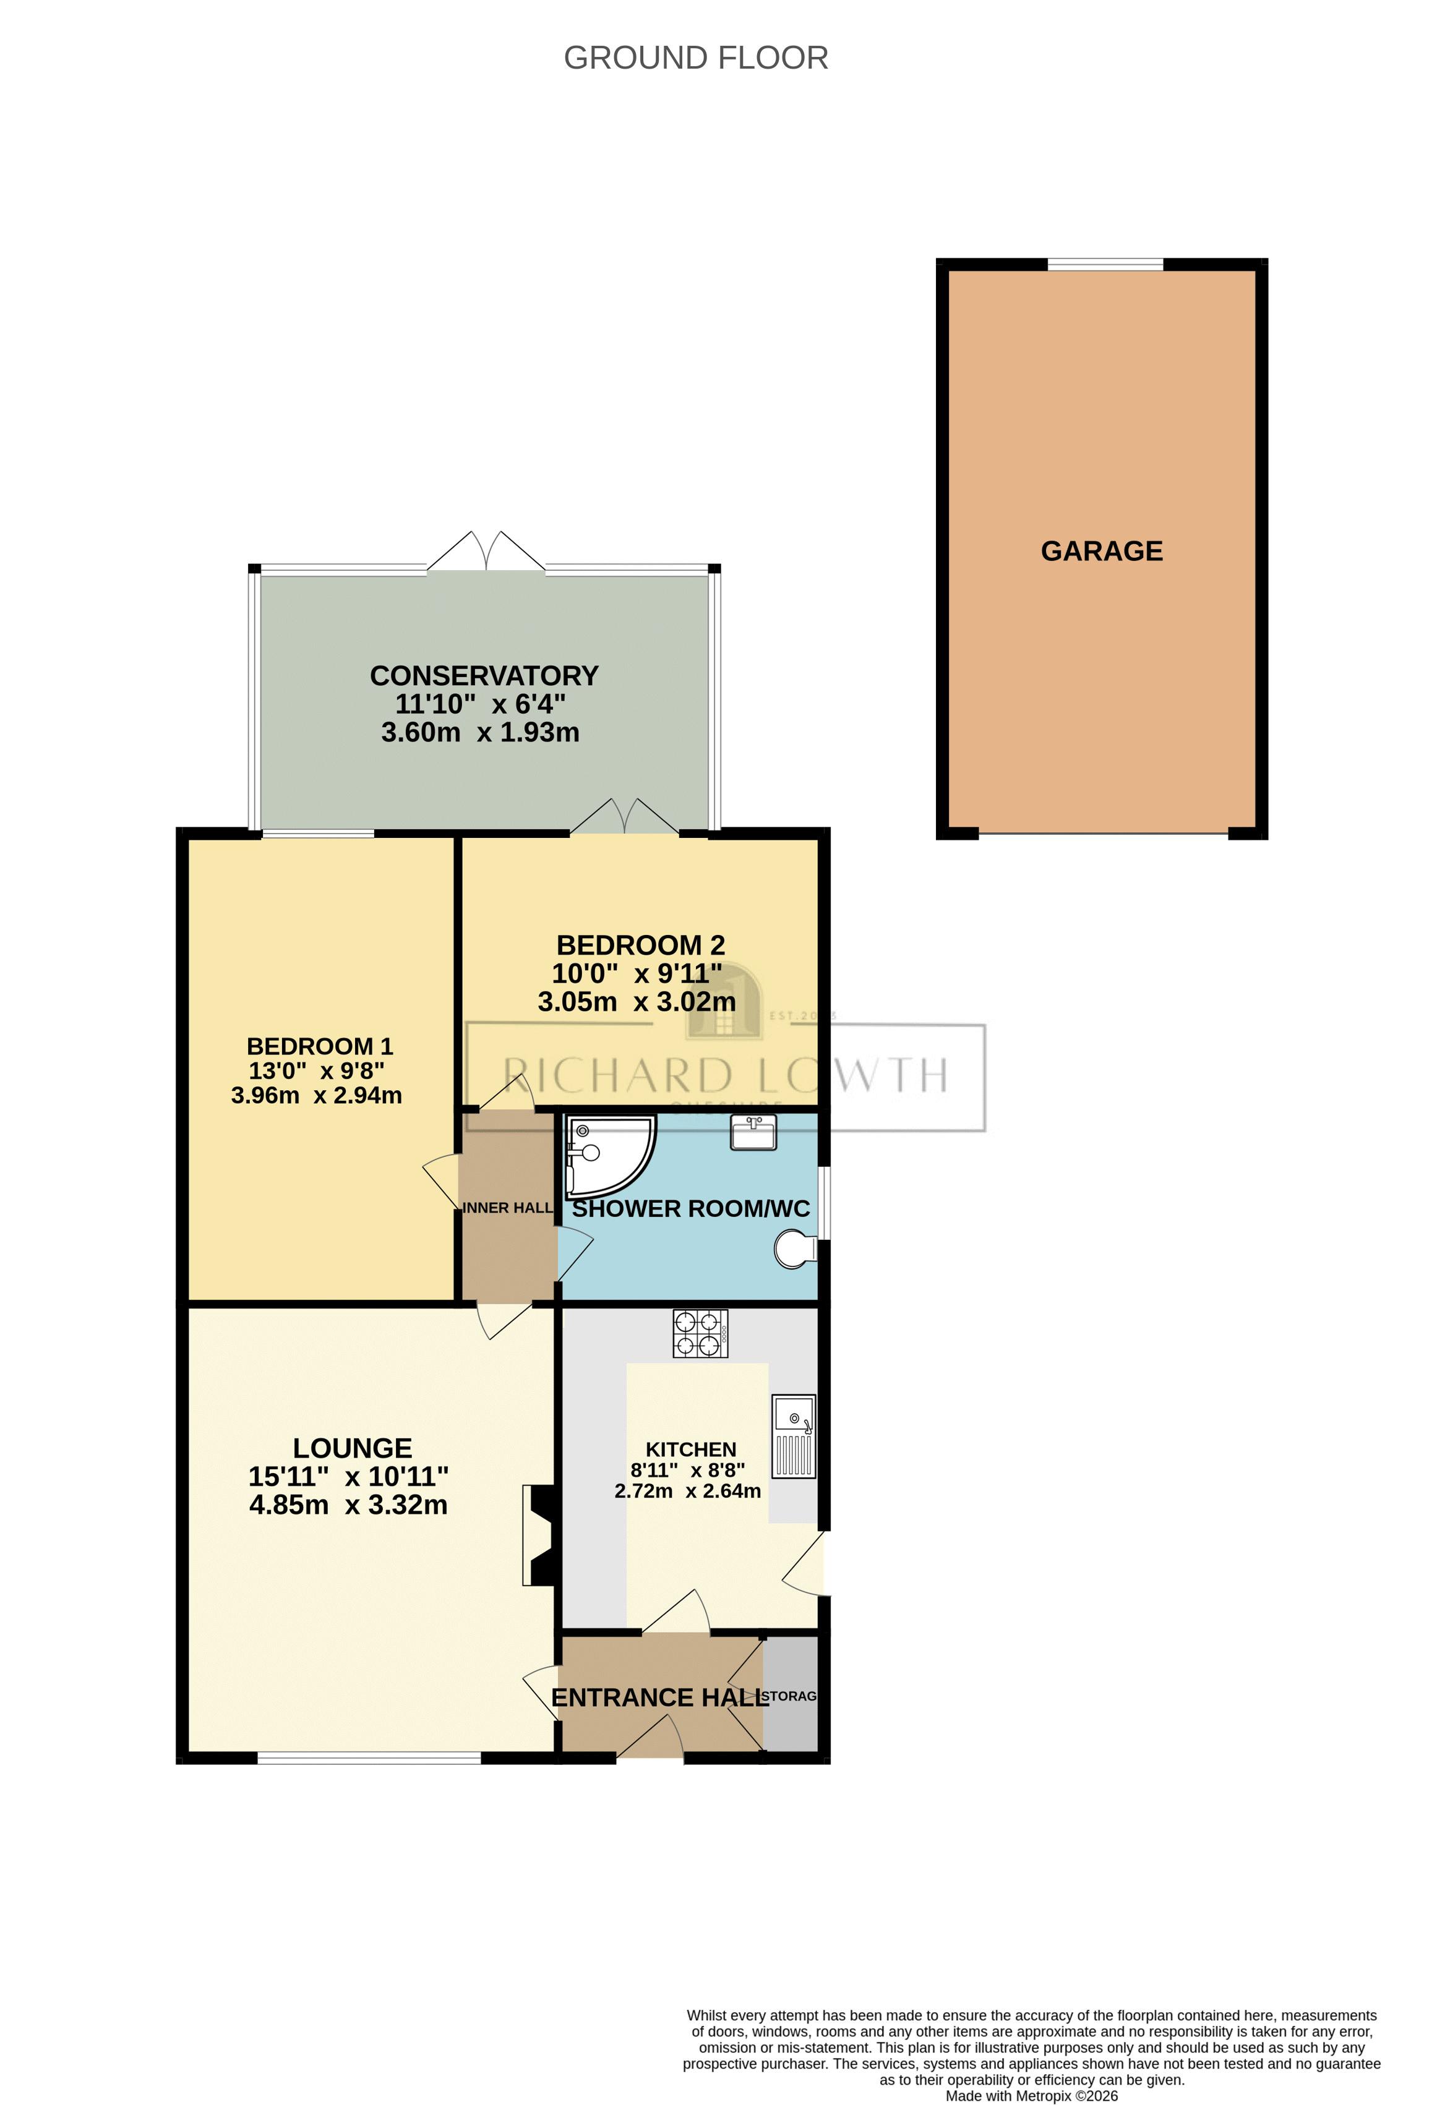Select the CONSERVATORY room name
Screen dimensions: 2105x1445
pyautogui.click(x=484, y=676)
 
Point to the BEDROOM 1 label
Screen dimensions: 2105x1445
pyautogui.click(x=319, y=1046)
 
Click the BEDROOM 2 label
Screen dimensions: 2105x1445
pyautogui.click(x=640, y=945)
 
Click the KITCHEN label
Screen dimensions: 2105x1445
pyautogui.click(x=690, y=1450)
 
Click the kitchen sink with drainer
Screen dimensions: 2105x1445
pyautogui.click(x=793, y=1436)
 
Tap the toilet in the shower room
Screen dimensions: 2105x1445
pyautogui.click(x=794, y=1249)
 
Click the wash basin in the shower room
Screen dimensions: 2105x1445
pyautogui.click(x=753, y=1133)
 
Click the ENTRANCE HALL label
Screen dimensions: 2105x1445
pyautogui.click(x=659, y=1697)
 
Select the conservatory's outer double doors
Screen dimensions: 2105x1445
pyautogui.click(x=486, y=552)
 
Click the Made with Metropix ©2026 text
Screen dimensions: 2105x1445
pyautogui.click(x=1031, y=2096)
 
